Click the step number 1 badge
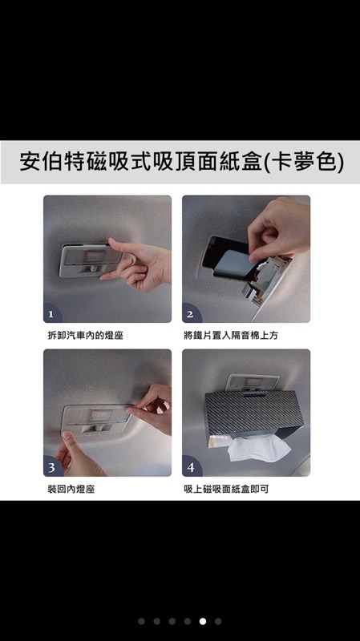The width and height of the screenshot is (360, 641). pyautogui.click(x=51, y=314)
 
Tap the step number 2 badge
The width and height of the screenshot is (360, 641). pyautogui.click(x=190, y=314)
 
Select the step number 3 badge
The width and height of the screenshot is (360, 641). pyautogui.click(x=51, y=467)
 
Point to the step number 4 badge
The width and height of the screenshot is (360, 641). pyautogui.click(x=191, y=467)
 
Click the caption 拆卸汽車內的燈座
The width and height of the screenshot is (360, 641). pyautogui.click(x=86, y=336)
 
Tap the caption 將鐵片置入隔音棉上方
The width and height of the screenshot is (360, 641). pyautogui.click(x=231, y=336)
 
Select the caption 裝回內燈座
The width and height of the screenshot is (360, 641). pyautogui.click(x=71, y=489)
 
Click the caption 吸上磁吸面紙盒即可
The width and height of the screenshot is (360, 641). pyautogui.click(x=226, y=489)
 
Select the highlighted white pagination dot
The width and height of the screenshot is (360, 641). pyautogui.click(x=203, y=622)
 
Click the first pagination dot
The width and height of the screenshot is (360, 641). pyautogui.click(x=142, y=622)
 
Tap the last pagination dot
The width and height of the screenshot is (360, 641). pyautogui.click(x=218, y=622)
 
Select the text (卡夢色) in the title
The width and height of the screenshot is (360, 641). pyautogui.click(x=305, y=162)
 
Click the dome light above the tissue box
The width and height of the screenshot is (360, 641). pyautogui.click(x=253, y=383)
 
